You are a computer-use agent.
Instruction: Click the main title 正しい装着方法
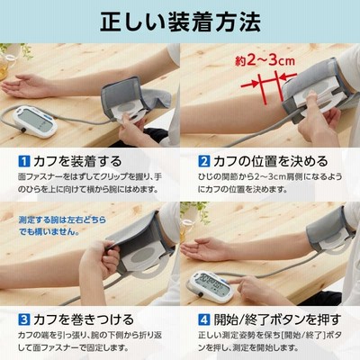pos(180,22)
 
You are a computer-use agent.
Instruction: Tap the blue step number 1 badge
pos(24,161)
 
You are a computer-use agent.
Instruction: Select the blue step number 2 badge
pos(204,161)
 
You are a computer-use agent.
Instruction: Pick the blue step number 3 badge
pos(24,319)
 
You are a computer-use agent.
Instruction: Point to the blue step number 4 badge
pos(204,319)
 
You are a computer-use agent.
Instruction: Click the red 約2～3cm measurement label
pos(265,61)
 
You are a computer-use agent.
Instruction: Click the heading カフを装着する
pos(77,161)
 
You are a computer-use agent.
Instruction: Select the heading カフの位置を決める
pos(271,161)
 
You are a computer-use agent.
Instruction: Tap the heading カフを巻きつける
pos(84,319)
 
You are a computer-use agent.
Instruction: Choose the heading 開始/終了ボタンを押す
pos(277,319)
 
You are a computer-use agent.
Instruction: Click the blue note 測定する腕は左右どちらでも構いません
pos(62,226)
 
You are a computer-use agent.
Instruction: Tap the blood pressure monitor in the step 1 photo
pos(35,121)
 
